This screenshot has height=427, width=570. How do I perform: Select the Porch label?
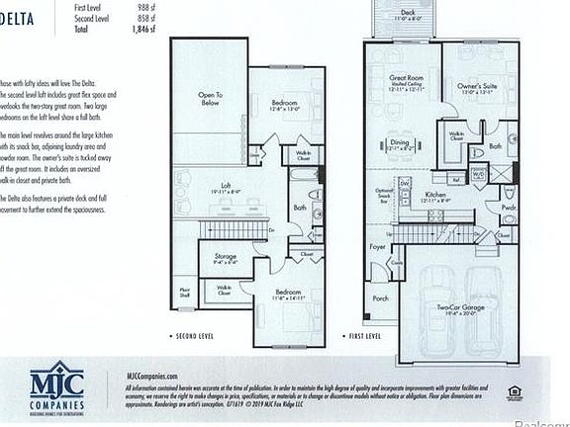click(382, 299)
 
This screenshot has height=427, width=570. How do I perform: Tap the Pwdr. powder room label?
click(509, 209)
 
